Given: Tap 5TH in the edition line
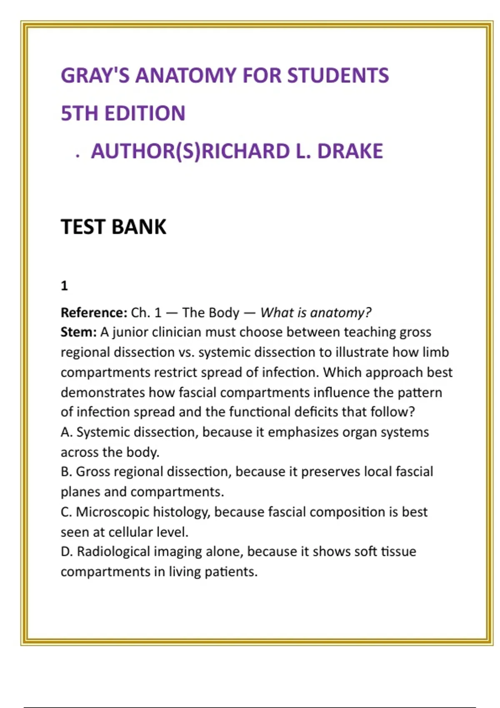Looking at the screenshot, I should point(79,113).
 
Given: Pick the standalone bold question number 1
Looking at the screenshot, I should point(64,286).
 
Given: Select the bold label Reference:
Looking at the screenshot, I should point(94,313).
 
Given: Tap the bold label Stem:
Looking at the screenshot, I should point(78,332).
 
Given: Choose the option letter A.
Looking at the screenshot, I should point(66,432).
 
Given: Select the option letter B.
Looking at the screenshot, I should point(66,472).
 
